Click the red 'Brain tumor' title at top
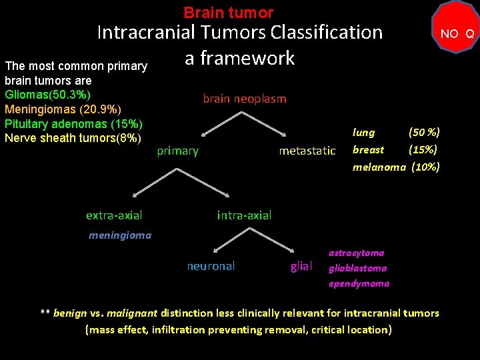[x=228, y=13]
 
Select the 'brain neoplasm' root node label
[x=244, y=99]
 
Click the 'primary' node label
[x=177, y=151]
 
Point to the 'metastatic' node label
[x=307, y=151]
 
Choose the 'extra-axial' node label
[x=114, y=215]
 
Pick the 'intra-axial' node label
[x=244, y=215]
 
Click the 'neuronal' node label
[x=211, y=266]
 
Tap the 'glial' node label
[x=301, y=266]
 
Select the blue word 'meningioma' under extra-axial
[x=120, y=235]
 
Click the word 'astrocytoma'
[x=356, y=253]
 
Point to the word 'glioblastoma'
[x=357, y=268]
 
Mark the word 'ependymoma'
[x=359, y=283]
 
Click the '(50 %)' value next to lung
[x=423, y=133]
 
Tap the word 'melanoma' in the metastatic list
[x=379, y=167]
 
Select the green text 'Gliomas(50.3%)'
[x=48, y=93]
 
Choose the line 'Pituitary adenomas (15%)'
[x=74, y=123]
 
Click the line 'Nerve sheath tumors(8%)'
[x=73, y=138]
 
